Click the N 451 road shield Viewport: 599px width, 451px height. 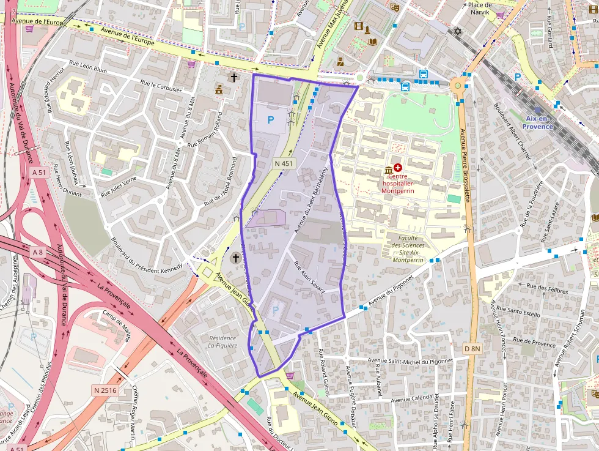(x=284, y=163)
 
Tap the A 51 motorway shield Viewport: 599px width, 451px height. (x=39, y=173)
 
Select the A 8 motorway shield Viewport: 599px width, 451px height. (x=39, y=252)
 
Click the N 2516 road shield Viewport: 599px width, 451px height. (x=105, y=390)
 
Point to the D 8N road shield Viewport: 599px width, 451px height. (x=472, y=348)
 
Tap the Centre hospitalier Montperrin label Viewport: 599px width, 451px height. (x=397, y=182)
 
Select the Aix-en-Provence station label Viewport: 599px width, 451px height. (x=538, y=122)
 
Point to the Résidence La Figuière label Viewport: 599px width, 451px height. (x=222, y=341)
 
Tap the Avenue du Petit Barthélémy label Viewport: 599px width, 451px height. (x=311, y=199)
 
